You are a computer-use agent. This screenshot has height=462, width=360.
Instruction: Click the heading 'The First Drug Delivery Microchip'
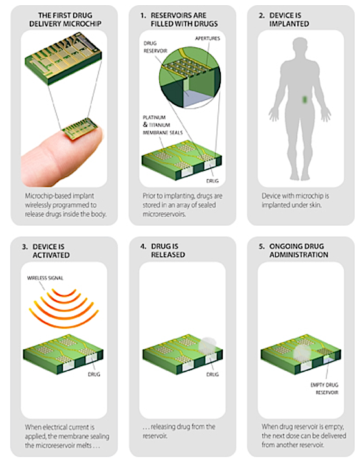pyautogui.click(x=65, y=19)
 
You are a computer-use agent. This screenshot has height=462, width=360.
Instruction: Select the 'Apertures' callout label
pyautogui.click(x=207, y=38)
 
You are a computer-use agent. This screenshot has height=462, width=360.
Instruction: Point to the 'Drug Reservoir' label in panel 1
pyautogui.click(x=155, y=47)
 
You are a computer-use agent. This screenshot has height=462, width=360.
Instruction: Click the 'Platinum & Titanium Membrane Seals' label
pyautogui.click(x=163, y=125)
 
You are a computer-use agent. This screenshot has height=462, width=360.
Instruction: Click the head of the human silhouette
pyautogui.click(x=300, y=46)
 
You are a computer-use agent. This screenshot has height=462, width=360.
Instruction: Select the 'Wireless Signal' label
pyautogui.click(x=45, y=278)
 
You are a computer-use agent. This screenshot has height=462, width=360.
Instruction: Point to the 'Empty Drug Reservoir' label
pyautogui.click(x=324, y=389)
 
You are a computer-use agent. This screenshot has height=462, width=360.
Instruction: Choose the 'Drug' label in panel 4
pyautogui.click(x=212, y=374)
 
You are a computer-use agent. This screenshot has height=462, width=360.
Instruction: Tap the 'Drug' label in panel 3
pyautogui.click(x=94, y=374)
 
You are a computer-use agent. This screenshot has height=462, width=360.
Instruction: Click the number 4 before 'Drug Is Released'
pyautogui.click(x=143, y=247)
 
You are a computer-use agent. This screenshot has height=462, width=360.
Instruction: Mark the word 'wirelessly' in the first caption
pyautogui.click(x=39, y=205)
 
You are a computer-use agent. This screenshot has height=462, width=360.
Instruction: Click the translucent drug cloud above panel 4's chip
pyautogui.click(x=207, y=344)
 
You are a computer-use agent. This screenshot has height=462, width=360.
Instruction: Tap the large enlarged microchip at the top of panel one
pyautogui.click(x=63, y=60)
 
